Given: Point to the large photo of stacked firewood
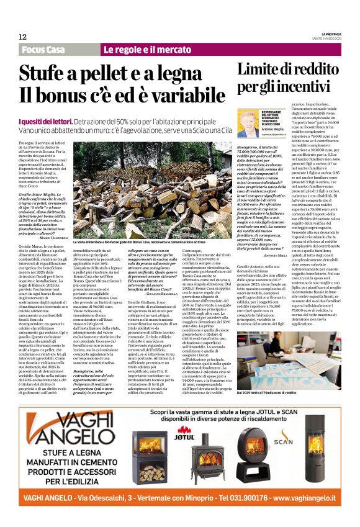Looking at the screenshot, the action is (153, 187).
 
